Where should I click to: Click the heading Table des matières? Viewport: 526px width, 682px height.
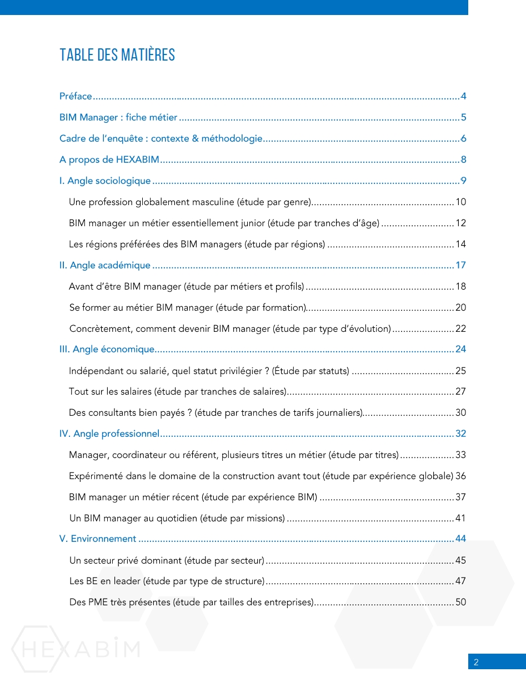117,55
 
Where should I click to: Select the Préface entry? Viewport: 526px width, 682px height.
76,96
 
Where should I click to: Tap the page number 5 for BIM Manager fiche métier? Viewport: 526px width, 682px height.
463,117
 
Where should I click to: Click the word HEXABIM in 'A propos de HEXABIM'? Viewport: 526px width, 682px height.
138,160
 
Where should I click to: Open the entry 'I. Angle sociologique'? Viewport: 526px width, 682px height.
105,181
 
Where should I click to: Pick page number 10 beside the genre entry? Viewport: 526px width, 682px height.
460,202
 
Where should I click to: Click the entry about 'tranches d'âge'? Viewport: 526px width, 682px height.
224,223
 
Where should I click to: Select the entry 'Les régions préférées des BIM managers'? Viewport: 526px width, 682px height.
197,244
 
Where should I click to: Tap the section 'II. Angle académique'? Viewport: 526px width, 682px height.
105,265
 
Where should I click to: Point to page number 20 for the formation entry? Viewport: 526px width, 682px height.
460,307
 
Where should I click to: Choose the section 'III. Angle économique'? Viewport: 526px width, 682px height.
107,349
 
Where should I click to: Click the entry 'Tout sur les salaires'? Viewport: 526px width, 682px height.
178,391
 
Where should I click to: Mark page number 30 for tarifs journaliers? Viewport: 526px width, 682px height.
460,412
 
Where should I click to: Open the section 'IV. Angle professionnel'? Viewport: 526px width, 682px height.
109,434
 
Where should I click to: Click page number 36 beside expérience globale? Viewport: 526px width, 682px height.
460,476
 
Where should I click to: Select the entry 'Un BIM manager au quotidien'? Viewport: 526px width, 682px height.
177,518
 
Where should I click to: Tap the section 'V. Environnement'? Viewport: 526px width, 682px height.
98,539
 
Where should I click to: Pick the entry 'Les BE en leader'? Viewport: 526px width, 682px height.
167,581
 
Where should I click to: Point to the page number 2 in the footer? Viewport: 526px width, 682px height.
476,662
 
